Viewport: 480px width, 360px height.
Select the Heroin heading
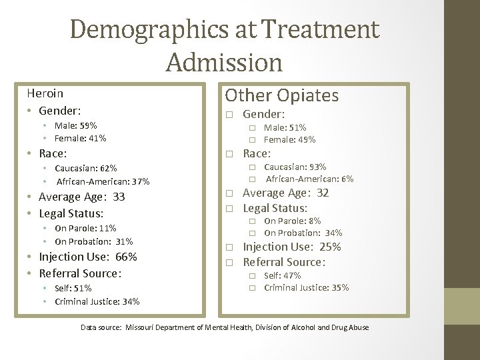45,93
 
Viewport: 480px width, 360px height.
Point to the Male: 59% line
75,125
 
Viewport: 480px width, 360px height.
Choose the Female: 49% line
289,139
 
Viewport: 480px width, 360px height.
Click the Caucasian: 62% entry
85,169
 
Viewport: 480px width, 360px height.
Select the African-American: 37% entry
103,181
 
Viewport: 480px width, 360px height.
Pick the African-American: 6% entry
309,179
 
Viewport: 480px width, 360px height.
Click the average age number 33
119,197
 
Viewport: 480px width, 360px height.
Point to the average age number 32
323,193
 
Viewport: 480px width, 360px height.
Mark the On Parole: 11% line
85,229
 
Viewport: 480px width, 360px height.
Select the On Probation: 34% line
303,233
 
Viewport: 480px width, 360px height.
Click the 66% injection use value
126,257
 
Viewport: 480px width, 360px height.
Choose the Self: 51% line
73,289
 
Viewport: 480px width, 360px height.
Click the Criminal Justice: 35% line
306,288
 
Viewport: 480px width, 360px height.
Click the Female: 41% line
80,139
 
